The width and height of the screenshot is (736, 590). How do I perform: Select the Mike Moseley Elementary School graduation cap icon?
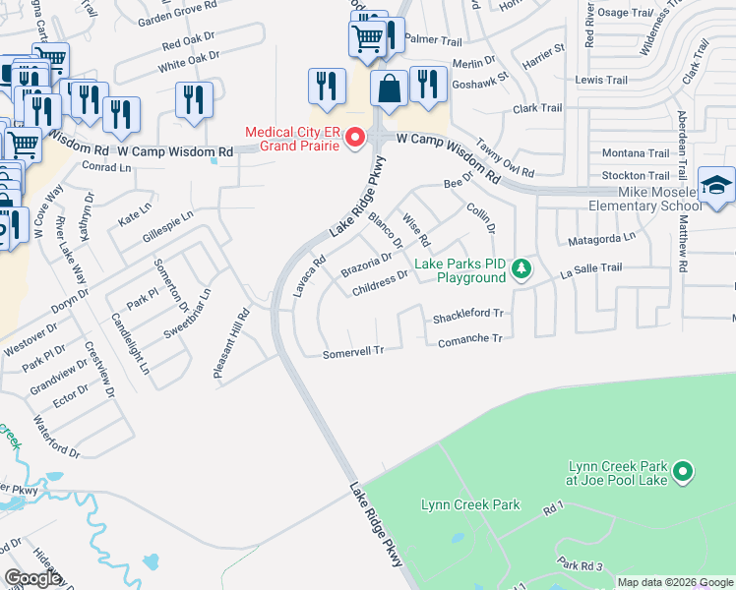click(x=715, y=186)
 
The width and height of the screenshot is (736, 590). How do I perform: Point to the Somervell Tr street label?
click(x=351, y=351)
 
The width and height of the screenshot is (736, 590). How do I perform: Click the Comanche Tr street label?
click(x=468, y=338)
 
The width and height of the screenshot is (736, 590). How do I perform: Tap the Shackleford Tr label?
click(x=468, y=315)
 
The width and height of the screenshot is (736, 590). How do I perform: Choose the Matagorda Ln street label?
click(x=602, y=239)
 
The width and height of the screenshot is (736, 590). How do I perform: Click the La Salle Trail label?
click(x=591, y=267)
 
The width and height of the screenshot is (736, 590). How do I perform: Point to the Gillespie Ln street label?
click(x=167, y=227)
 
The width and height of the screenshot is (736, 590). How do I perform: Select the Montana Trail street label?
click(x=635, y=153)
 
